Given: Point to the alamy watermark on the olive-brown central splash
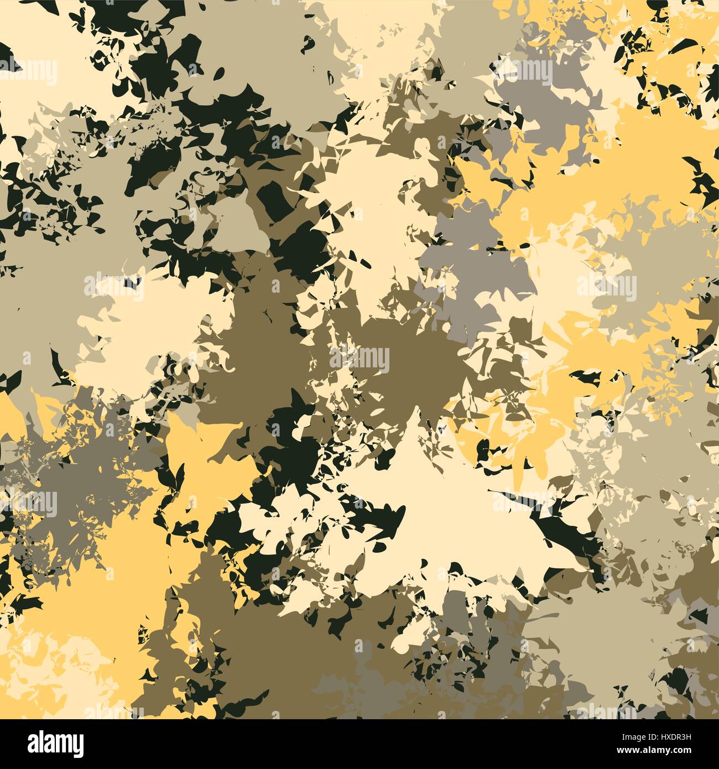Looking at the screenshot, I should (x=359, y=360).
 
